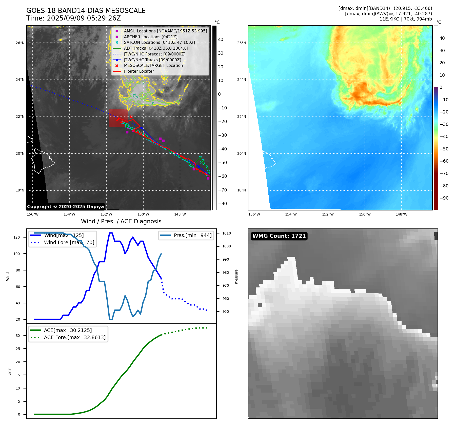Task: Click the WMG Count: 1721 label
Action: click(279, 236)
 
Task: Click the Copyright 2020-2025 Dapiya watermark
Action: click(65, 207)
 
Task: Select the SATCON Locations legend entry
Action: click(159, 43)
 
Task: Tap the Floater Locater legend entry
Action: click(139, 71)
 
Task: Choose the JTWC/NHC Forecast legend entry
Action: click(154, 54)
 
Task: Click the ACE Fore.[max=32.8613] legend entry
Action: click(75, 337)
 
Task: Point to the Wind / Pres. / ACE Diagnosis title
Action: click(121, 221)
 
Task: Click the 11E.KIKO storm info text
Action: click(405, 19)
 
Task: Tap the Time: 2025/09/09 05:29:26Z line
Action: click(73, 18)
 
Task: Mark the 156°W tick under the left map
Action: click(33, 215)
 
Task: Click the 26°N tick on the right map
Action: click(241, 43)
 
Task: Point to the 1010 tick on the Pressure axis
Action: click(227, 233)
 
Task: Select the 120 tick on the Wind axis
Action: click(17, 237)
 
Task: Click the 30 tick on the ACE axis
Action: click(18, 336)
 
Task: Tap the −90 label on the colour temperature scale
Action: click(444, 198)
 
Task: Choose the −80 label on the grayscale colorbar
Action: click(223, 204)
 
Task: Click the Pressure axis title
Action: click(236, 277)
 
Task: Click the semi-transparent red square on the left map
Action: click(118, 118)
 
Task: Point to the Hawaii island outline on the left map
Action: click(42, 161)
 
